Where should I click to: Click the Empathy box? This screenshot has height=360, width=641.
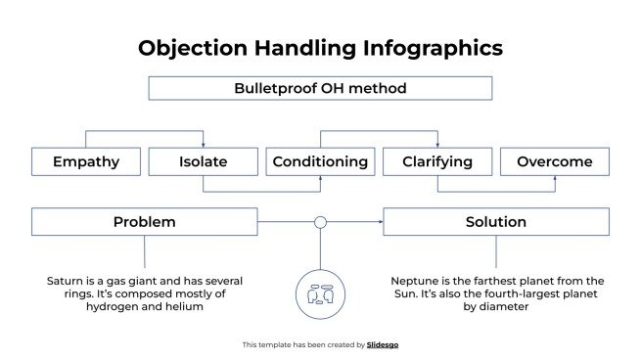85,161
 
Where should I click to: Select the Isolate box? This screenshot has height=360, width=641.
203,161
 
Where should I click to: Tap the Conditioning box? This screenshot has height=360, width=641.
320,161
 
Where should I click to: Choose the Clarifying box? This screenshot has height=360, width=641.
436,161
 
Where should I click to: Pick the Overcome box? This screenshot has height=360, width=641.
554,161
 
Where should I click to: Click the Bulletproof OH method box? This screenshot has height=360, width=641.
320,88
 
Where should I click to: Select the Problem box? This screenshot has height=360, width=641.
144,222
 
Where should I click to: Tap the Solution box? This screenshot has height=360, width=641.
495,222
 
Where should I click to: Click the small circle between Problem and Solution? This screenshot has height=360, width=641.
320,222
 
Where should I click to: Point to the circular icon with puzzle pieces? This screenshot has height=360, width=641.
320,292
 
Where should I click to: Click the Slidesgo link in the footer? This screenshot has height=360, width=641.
383,344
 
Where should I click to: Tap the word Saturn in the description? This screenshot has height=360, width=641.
66,281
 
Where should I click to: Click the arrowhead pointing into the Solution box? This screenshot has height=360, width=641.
380,222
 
